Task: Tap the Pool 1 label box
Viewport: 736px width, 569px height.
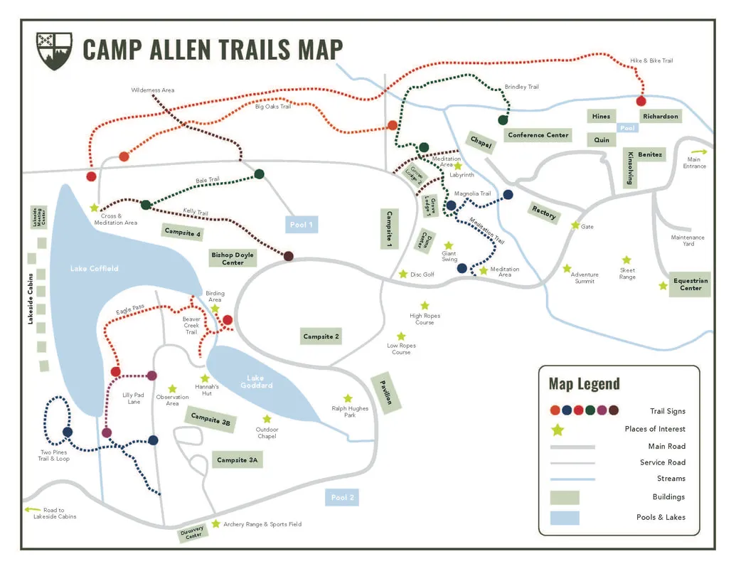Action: pos(302,225)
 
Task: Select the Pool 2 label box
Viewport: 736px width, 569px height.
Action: pos(343,497)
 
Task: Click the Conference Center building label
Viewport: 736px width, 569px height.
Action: pos(538,135)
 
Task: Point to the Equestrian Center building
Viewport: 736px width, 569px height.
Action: pos(690,284)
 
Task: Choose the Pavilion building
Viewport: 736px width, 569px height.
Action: pos(385,392)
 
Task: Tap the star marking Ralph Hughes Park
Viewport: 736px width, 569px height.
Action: pos(348,398)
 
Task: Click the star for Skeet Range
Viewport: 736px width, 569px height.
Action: pos(626,260)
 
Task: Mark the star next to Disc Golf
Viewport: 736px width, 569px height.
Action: pos(403,274)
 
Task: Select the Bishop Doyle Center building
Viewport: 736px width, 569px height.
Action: pos(232,258)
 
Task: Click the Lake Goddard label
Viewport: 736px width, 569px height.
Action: pos(260,381)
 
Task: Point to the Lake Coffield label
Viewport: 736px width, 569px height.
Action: pos(94,268)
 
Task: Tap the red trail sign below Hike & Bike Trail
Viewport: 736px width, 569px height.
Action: pos(641,101)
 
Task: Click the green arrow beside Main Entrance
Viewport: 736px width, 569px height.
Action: pos(700,151)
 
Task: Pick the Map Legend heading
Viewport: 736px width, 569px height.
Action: pos(584,384)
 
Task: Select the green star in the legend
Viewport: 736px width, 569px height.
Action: pos(558,429)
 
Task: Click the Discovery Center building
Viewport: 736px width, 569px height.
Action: pos(193,533)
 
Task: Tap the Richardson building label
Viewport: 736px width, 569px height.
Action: pos(661,116)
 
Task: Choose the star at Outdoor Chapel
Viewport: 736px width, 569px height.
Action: pos(267,419)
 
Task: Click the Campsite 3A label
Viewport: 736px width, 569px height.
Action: pos(238,460)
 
